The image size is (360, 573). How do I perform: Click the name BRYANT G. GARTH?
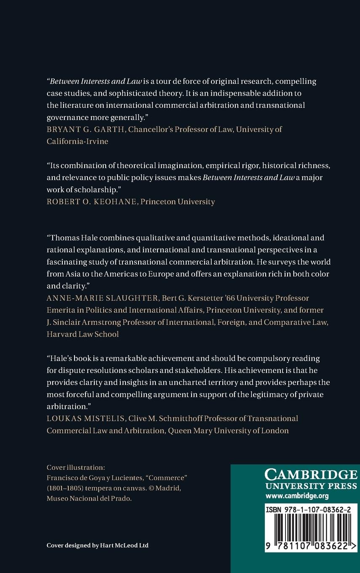click(x=86, y=129)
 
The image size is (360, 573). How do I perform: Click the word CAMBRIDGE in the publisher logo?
click(x=311, y=475)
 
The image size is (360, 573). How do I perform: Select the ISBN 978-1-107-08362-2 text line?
click(x=309, y=509)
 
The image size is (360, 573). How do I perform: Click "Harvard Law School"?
click(x=83, y=334)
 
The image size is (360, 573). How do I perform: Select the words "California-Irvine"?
click(x=77, y=141)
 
